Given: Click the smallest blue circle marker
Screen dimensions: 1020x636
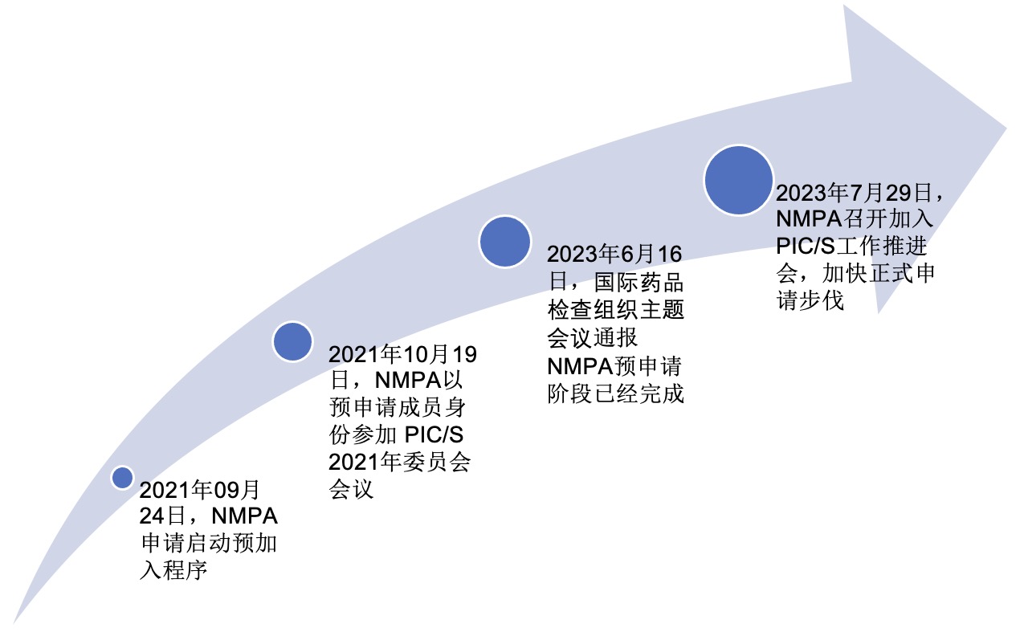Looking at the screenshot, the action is point(122,478).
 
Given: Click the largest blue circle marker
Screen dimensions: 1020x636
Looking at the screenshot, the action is point(738,181).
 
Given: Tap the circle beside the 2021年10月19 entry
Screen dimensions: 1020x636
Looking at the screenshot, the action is point(292,341).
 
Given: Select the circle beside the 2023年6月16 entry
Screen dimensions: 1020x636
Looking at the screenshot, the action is point(505,242).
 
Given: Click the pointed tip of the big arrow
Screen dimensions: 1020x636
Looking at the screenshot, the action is point(1006,128).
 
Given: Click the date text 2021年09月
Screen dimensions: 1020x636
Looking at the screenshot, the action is point(199,490).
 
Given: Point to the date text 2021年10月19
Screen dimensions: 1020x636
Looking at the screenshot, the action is point(402,354).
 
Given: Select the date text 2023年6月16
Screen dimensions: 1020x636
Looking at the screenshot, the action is point(614,254).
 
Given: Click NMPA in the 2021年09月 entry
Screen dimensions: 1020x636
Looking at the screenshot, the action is point(244,516).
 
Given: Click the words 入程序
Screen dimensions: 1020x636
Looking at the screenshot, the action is point(173,570).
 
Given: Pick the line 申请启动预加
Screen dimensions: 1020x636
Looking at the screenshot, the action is point(209,544).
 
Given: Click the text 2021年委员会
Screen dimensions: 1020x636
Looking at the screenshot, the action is point(400,463).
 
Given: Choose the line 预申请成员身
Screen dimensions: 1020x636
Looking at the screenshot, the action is point(398,408).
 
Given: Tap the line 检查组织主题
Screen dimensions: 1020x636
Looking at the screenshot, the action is point(616,310).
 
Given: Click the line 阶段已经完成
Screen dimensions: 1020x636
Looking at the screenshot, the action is point(616,393).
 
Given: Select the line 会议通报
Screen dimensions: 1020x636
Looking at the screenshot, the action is point(593,338).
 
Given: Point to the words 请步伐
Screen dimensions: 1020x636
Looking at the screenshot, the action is point(810,301).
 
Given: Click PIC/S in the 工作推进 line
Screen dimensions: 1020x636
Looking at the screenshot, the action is point(806,247).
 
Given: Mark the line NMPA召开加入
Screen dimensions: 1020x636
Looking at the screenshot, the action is point(855,219).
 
